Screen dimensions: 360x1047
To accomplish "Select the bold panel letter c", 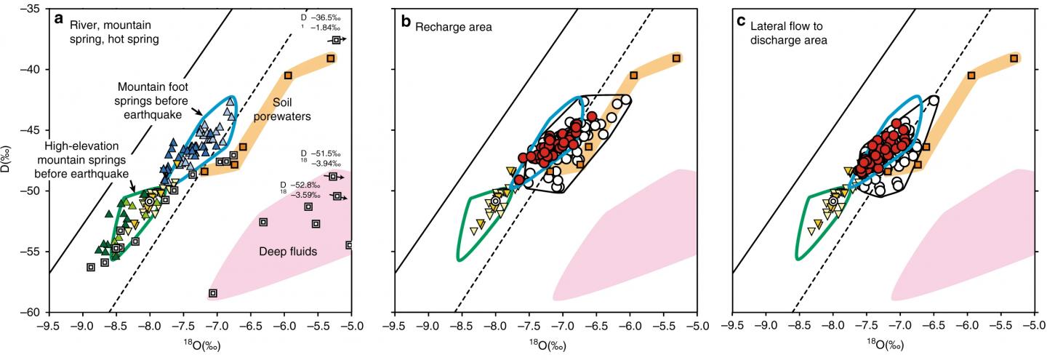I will click(x=742, y=20).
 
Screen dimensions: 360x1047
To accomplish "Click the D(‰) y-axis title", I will click(x=7, y=161).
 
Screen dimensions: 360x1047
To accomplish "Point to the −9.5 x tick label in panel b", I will click(x=393, y=325).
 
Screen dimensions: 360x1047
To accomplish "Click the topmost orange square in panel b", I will click(x=676, y=58).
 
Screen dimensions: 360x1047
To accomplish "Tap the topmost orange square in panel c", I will click(x=1014, y=58).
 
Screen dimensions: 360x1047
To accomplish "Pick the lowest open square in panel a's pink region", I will click(x=213, y=293).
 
